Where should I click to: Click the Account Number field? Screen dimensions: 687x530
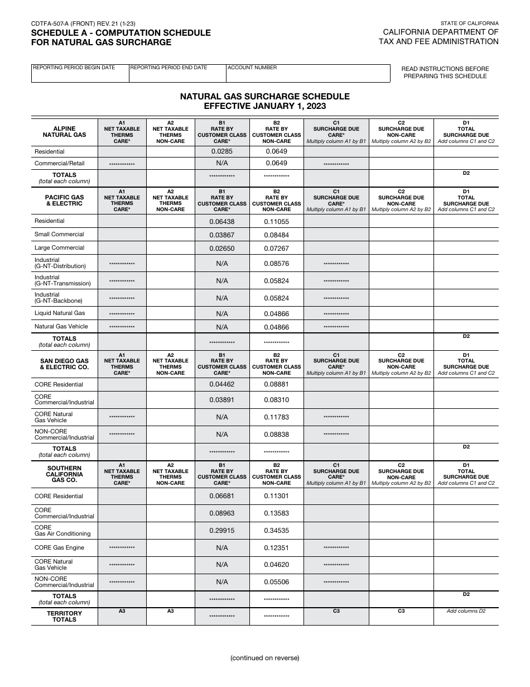[308, 75]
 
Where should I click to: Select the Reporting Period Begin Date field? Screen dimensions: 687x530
[80, 75]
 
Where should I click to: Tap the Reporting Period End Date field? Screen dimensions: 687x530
[177, 75]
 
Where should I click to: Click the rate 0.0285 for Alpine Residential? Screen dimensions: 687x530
[221, 151]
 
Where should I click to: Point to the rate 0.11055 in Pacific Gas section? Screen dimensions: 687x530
[276, 221]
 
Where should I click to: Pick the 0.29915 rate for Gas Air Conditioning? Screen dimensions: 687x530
[221, 531]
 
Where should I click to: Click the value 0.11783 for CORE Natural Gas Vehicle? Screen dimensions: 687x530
[276, 417]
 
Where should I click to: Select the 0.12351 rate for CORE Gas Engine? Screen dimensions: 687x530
[276, 548]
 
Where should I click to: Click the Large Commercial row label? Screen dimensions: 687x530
[59, 248]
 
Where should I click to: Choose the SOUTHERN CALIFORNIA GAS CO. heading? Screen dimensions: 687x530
[64, 474]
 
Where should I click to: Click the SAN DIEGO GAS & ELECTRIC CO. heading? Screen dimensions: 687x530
[64, 364]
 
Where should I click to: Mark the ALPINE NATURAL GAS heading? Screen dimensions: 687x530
[64, 132]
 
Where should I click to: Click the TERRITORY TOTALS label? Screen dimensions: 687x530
[64, 617]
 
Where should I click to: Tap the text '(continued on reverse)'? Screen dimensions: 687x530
[264, 658]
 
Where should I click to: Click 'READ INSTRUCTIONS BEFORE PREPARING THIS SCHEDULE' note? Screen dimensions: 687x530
[445, 72]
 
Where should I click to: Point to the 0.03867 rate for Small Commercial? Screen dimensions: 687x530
[221, 235]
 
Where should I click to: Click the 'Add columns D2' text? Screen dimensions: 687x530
[466, 611]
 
